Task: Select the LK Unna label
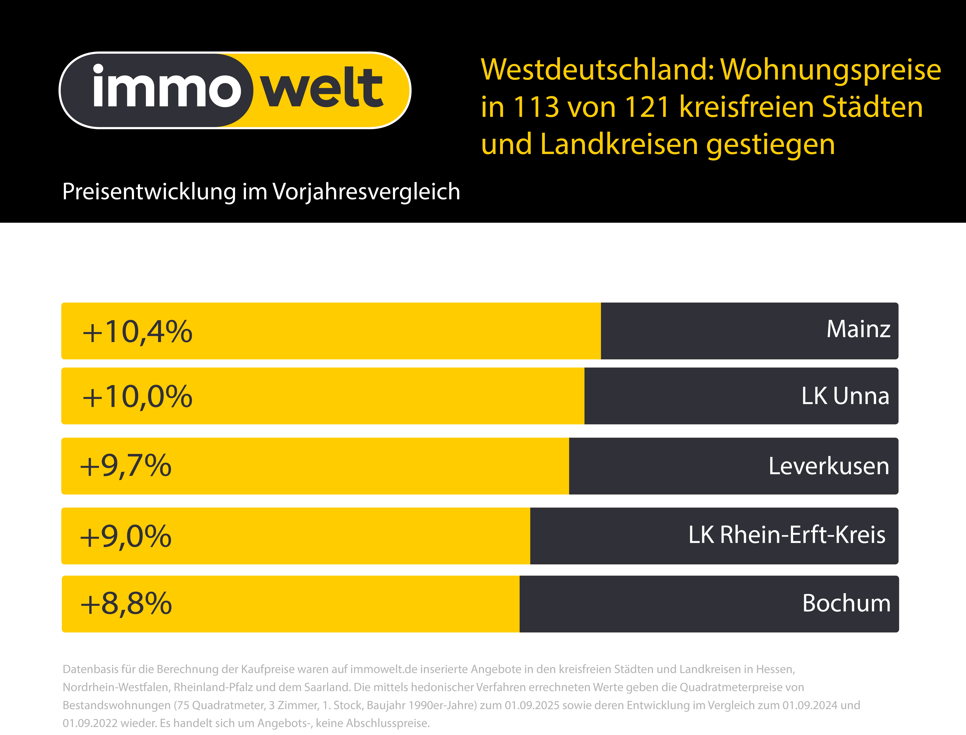(845, 396)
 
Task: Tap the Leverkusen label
(829, 466)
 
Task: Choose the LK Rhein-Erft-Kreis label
(786, 535)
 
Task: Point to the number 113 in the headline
(536, 107)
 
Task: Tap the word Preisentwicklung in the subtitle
(149, 192)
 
